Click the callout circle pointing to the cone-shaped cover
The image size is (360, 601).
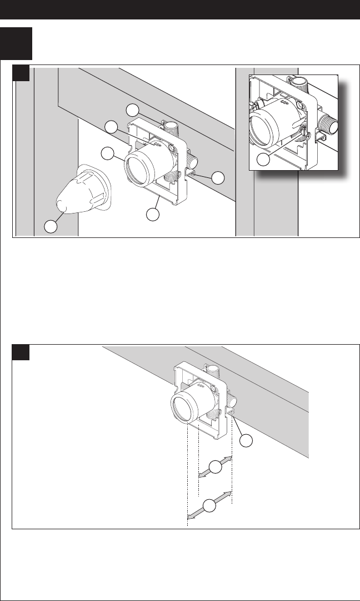tap(52, 226)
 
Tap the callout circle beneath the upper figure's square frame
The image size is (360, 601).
tap(152, 213)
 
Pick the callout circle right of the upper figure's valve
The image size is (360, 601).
tap(218, 178)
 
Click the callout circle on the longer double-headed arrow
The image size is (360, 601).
tap(208, 506)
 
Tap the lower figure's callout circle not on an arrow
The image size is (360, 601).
tap(247, 441)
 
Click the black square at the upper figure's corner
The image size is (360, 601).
tap(22, 73)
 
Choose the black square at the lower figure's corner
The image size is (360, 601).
tap(22, 352)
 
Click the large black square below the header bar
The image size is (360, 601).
tap(17, 43)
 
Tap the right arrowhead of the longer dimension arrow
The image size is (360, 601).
tap(228, 494)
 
